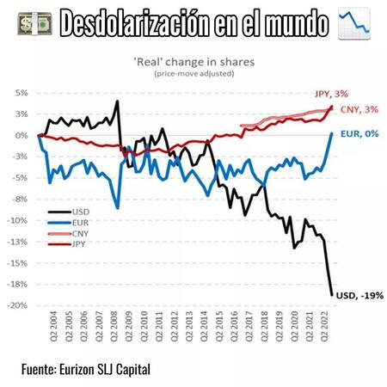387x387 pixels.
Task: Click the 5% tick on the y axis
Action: click(x=20, y=93)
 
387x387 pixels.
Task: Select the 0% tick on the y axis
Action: click(x=20, y=135)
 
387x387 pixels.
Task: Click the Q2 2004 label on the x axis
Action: click(x=41, y=329)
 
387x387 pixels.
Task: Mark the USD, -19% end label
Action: click(x=359, y=295)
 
